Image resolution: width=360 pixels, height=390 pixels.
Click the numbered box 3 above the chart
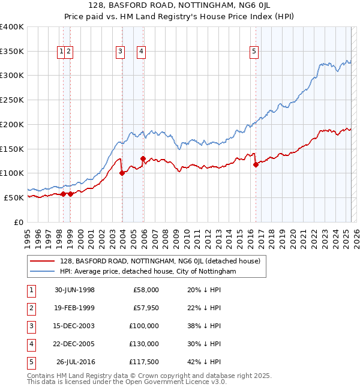coord(121,52)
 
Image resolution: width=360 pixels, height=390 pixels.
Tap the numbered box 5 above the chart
coord(254,52)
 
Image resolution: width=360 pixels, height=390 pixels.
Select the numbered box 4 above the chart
coord(141,52)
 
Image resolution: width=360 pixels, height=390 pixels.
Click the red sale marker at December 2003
coord(122,173)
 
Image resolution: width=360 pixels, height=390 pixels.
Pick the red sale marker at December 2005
coord(143,158)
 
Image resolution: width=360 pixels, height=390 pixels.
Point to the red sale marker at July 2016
coord(256,164)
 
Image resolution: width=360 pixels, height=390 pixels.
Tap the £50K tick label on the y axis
coord(14,197)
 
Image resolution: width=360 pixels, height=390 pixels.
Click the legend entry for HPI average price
coord(148,271)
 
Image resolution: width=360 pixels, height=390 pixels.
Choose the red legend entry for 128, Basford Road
coord(160,261)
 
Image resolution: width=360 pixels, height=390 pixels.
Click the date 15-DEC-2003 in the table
coord(74,325)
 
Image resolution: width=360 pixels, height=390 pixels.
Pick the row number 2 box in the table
coord(30,308)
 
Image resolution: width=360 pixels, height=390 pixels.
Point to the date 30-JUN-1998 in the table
coord(74,290)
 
